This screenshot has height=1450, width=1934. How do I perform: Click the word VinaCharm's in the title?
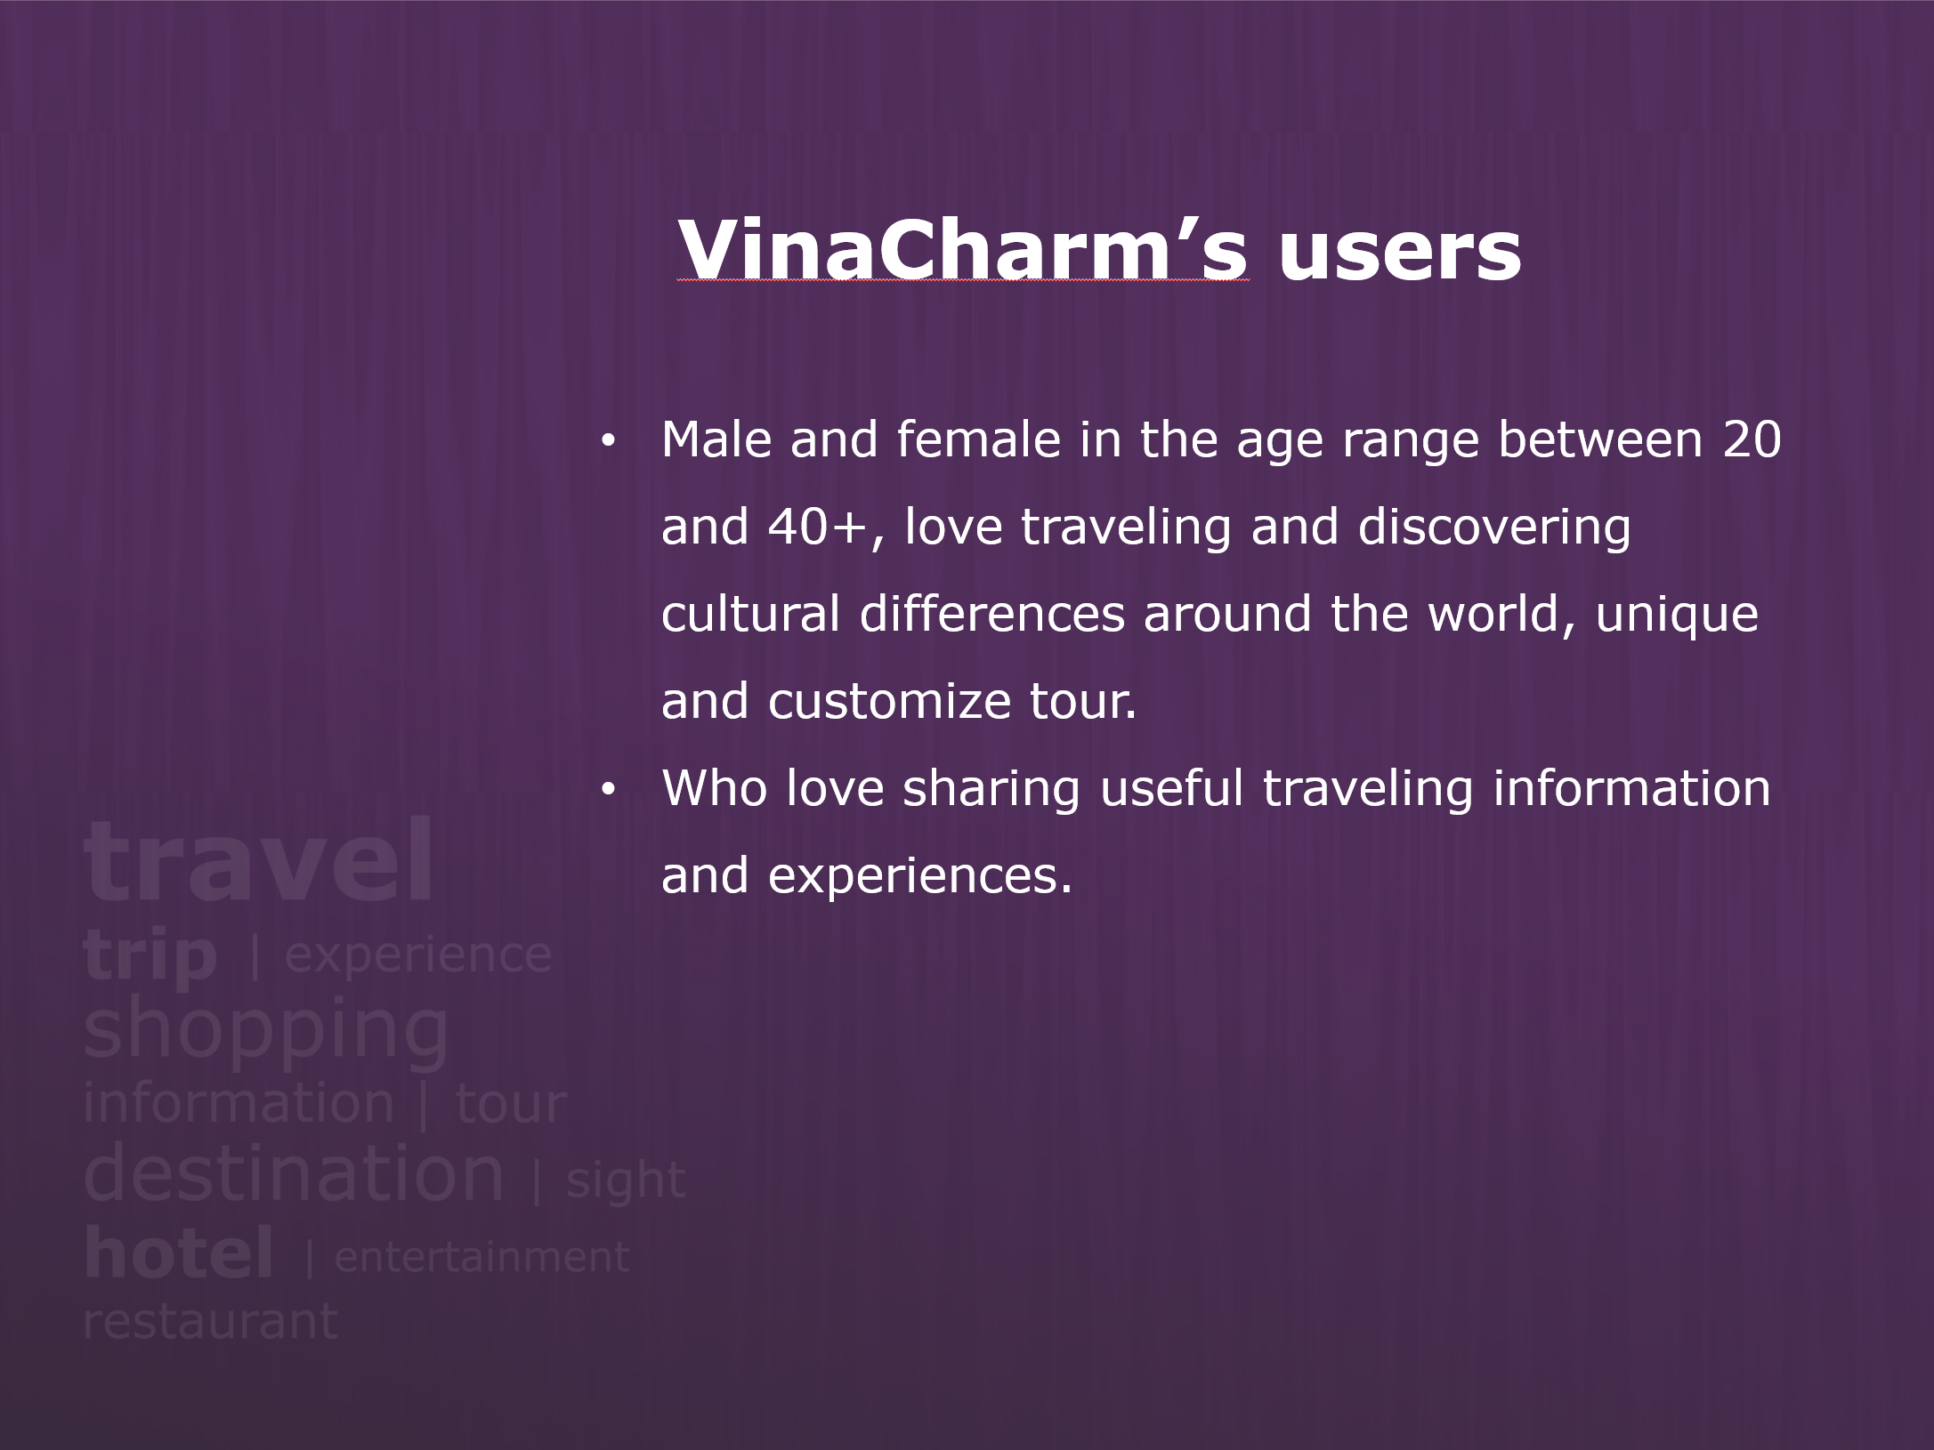coord(963,249)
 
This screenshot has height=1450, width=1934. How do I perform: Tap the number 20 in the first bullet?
coord(1752,439)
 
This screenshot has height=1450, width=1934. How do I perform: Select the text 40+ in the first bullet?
coord(817,527)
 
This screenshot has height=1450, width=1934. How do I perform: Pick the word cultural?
coord(750,614)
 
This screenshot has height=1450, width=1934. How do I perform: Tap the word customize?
coord(889,701)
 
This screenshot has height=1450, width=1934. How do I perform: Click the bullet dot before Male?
coord(608,440)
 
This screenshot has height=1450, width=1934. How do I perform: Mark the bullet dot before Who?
coord(608,789)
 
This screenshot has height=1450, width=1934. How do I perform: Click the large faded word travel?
coord(258,861)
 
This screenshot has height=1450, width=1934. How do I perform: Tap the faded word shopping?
coord(265,1032)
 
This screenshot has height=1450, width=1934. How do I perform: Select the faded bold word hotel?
coord(178,1253)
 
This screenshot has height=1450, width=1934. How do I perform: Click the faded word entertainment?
coord(481,1258)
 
